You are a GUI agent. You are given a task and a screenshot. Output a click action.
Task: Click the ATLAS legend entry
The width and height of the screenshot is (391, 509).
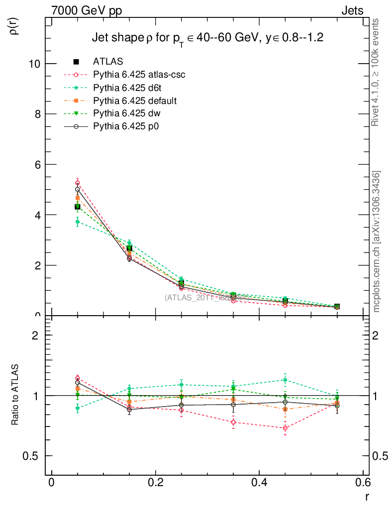coord(108,62)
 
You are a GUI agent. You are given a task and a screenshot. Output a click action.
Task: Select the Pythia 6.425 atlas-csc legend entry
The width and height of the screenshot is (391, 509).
coord(142,75)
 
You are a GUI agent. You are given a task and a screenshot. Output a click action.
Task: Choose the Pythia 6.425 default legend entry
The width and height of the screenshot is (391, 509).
coord(135,101)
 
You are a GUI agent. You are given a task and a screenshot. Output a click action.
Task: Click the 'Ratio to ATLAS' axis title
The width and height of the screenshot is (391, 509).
coord(16,396)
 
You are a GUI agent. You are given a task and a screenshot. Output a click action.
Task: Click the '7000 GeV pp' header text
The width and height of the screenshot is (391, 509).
coord(87,10)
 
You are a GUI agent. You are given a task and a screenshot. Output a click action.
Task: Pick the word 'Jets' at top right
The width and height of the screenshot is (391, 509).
coord(352,10)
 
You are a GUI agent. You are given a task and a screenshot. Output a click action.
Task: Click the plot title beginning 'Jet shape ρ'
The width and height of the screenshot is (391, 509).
coord(208,38)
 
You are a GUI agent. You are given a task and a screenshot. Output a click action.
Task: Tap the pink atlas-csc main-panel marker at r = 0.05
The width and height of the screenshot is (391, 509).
coord(78,183)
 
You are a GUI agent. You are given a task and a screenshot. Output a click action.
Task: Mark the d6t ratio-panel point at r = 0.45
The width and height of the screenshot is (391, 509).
coord(285,380)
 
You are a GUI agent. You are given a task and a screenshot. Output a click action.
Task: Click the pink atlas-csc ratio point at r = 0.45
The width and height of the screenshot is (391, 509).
coord(285,428)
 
